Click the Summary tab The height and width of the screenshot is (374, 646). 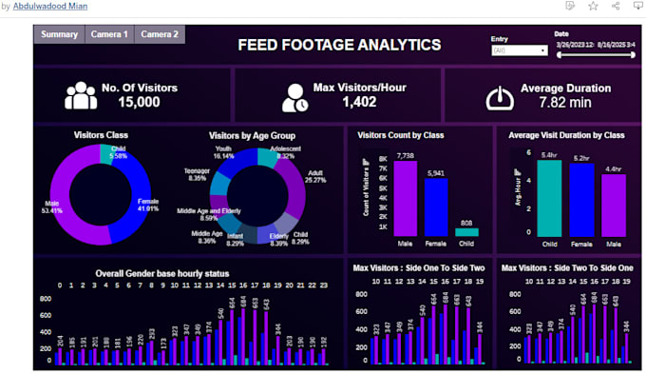[59, 34]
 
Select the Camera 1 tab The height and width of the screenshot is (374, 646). [109, 34]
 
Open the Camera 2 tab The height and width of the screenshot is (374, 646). [160, 34]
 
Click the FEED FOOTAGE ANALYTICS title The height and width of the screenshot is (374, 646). [339, 45]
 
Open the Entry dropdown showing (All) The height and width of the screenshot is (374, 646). [519, 50]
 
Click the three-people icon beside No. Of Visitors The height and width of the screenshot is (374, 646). [81, 95]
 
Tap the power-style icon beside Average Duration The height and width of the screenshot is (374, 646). [500, 97]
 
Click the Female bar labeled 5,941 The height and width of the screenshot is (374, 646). [436, 207]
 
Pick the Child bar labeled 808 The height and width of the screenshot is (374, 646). [466, 231]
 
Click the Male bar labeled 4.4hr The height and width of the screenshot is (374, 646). [614, 206]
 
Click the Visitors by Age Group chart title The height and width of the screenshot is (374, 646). [253, 135]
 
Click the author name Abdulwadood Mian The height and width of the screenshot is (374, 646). [51, 6]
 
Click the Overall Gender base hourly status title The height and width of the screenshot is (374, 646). [162, 273]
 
